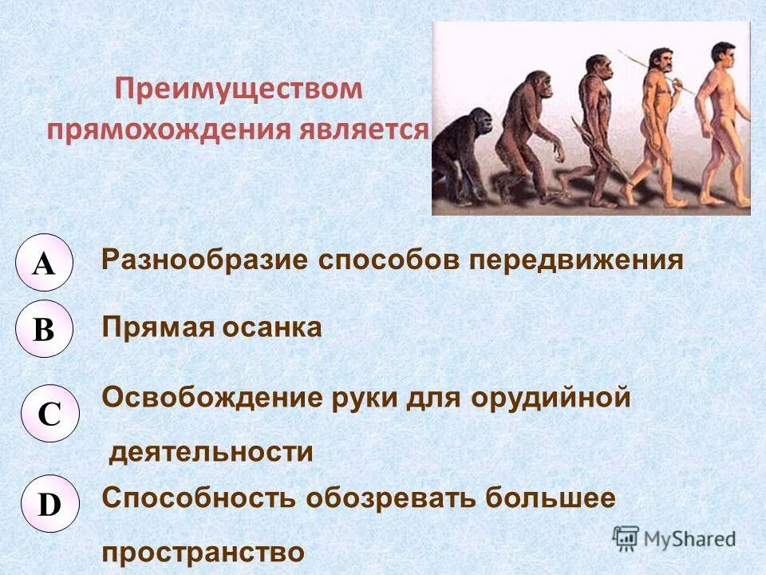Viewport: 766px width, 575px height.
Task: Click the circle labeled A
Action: click(x=45, y=263)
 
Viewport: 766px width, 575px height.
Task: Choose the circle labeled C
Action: click(x=49, y=413)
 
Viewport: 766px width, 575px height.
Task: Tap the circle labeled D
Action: click(x=49, y=505)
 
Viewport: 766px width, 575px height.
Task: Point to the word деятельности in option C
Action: click(x=211, y=453)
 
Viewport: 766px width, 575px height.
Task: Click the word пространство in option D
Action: click(x=203, y=553)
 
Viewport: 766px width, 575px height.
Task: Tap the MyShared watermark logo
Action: click(x=675, y=537)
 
